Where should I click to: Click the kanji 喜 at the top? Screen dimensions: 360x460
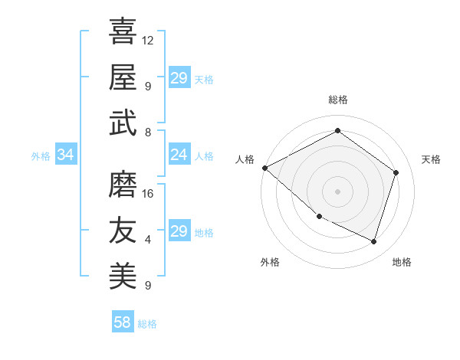point(123,31)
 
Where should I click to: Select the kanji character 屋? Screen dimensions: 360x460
point(123,77)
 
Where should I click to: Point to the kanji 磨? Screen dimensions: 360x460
point(123,184)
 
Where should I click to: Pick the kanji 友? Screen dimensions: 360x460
point(123,230)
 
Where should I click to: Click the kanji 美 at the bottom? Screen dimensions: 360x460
point(123,276)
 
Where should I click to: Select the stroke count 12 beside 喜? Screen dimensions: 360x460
point(148,40)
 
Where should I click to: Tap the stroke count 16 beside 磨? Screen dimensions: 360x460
point(148,193)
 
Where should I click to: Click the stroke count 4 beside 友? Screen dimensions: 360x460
point(148,240)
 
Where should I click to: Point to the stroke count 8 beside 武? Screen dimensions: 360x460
point(148,132)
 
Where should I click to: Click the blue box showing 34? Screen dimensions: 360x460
point(65,155)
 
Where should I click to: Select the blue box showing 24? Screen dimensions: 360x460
point(179,155)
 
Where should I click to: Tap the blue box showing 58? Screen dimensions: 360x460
point(123,322)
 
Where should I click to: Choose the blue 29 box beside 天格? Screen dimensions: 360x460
point(179,78)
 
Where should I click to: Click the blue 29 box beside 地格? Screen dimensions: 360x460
point(179,231)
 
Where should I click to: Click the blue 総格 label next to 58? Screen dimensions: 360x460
point(147,324)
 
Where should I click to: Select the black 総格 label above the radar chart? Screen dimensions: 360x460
point(338,100)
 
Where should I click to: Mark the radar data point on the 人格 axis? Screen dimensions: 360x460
point(264,168)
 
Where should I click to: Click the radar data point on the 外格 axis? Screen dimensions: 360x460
point(319,217)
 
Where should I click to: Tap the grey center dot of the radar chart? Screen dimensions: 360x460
point(337,191)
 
